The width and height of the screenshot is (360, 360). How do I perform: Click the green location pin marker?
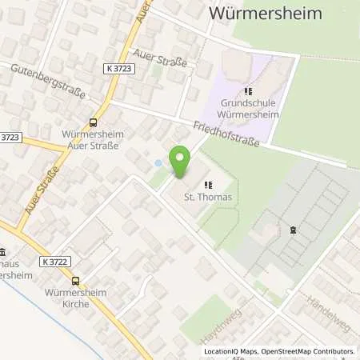[182, 163]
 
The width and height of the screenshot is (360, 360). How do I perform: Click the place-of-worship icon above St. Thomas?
[208, 184]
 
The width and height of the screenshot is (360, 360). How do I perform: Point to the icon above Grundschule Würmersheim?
[250, 92]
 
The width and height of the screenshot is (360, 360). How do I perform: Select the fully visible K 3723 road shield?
[119, 70]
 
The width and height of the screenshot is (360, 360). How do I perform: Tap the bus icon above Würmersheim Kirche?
[75, 281]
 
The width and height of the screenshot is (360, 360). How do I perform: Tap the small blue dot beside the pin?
[158, 163]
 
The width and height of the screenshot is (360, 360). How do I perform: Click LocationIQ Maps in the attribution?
[229, 351]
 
